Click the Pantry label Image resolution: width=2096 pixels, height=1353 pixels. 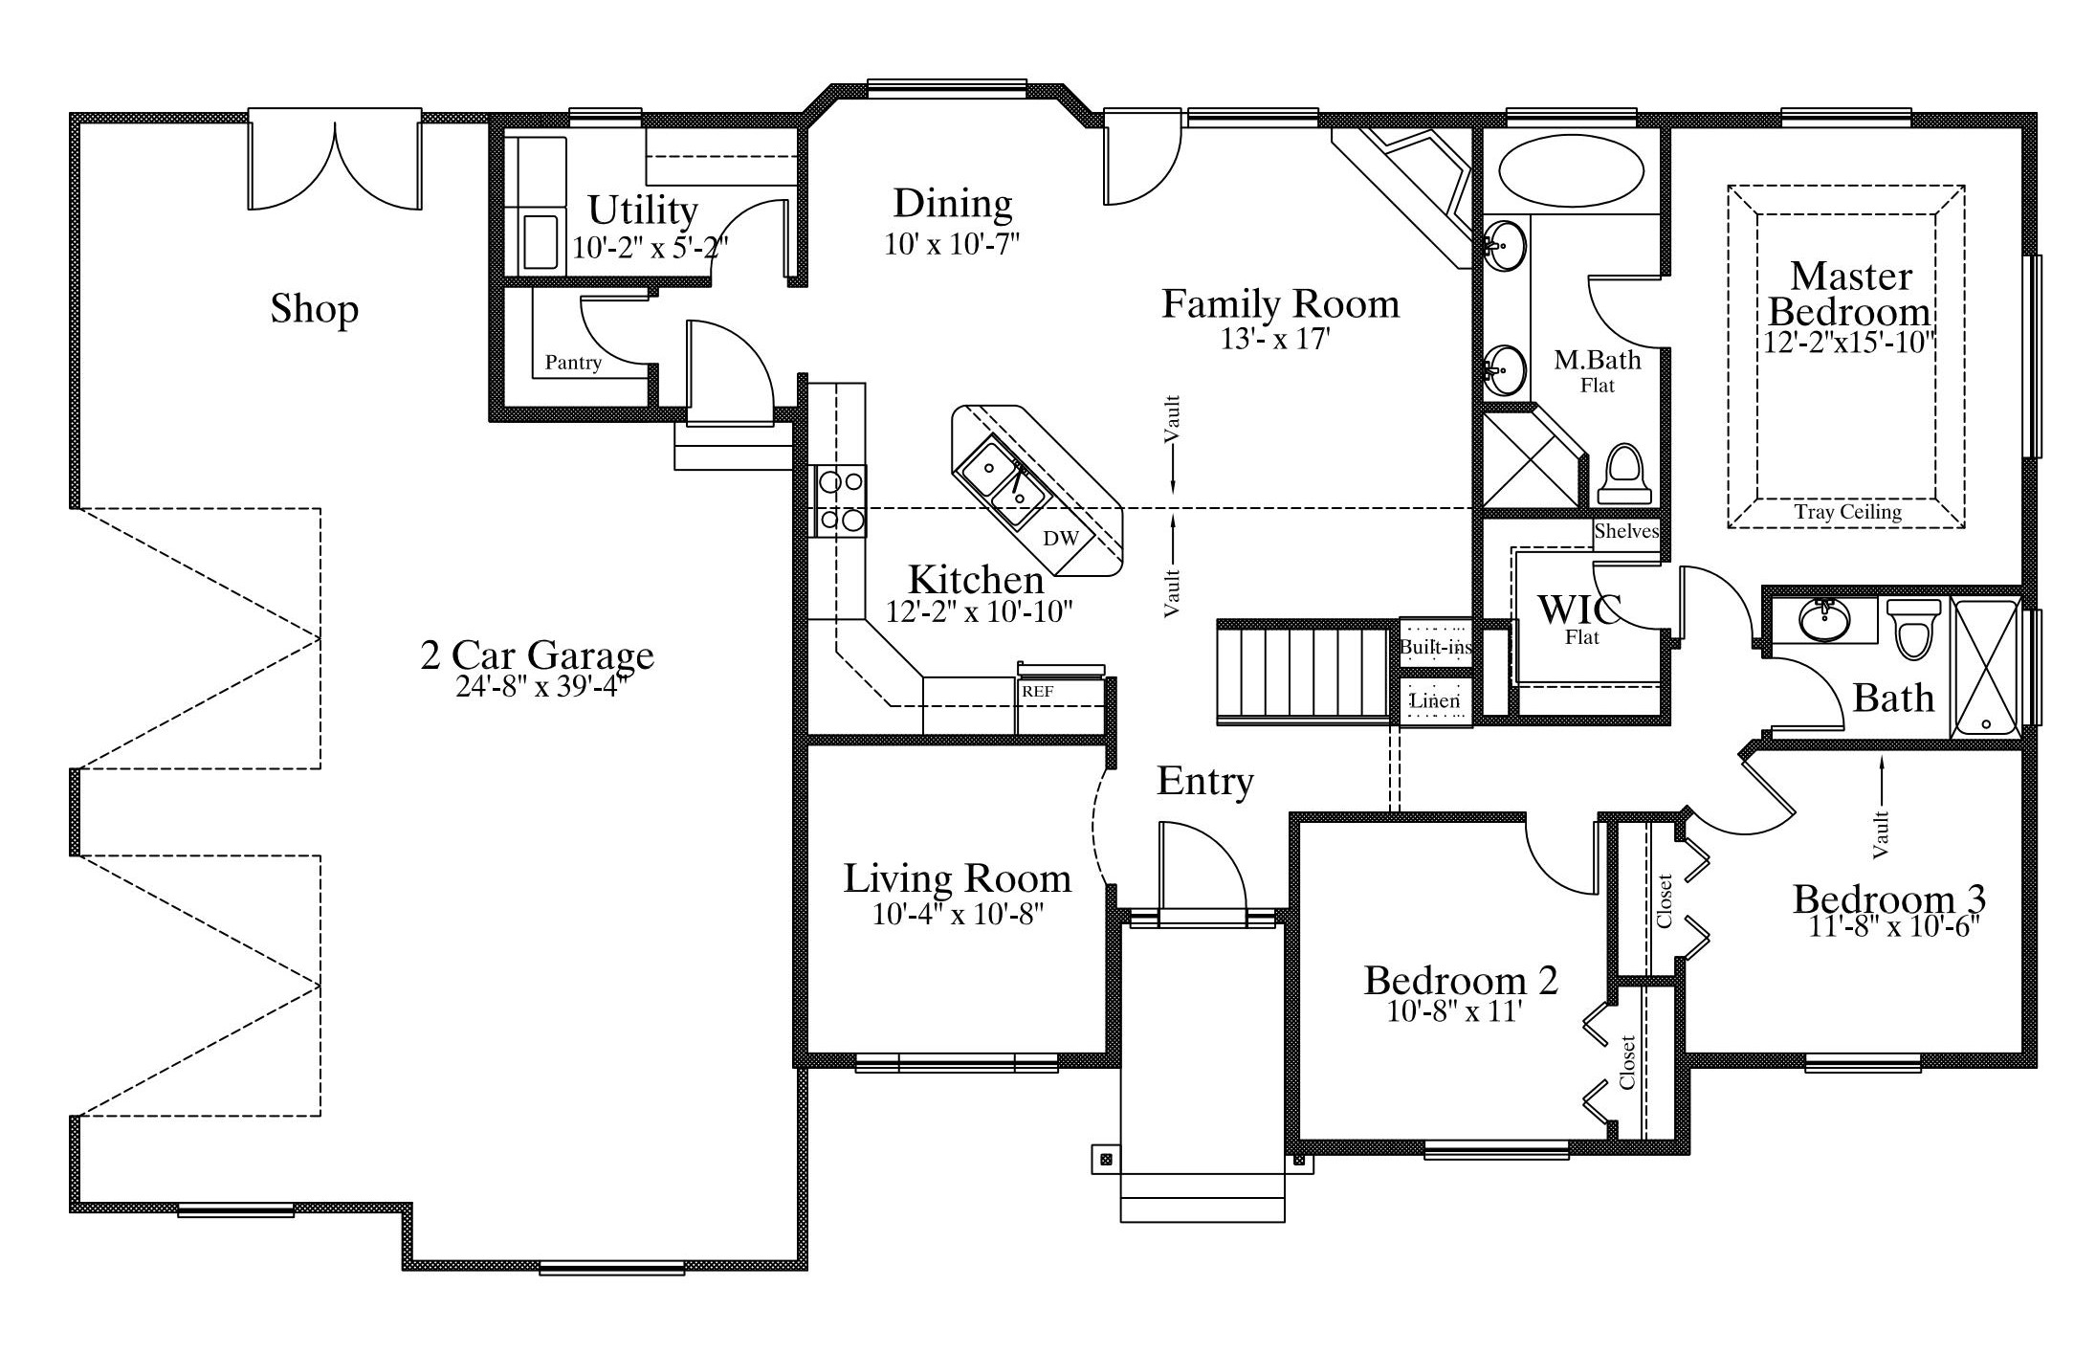click(573, 363)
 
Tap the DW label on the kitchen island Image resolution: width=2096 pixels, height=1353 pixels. click(1060, 539)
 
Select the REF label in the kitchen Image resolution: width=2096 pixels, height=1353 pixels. click(1038, 691)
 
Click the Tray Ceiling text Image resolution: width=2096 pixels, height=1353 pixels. click(1847, 512)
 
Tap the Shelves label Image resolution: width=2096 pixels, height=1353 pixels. click(1626, 531)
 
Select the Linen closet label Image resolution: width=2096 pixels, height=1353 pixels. click(1435, 701)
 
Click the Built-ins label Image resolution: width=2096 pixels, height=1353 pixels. click(1435, 647)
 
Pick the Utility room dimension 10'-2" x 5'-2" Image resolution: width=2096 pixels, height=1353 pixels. click(650, 247)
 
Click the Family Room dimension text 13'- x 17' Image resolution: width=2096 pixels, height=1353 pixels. click(1275, 339)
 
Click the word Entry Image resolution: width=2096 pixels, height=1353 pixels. click(1204, 782)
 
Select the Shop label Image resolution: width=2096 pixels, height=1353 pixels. click(314, 309)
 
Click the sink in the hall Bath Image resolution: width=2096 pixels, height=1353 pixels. click(1824, 620)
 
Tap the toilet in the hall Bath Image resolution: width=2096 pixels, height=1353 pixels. click(1913, 628)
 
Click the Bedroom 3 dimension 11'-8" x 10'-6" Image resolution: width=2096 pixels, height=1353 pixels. click(1893, 926)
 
